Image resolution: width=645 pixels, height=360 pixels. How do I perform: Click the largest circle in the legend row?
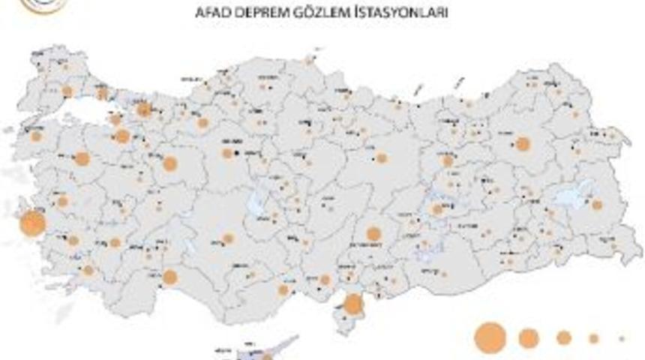[x=490, y=337]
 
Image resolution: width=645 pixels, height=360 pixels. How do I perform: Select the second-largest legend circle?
[x=529, y=338]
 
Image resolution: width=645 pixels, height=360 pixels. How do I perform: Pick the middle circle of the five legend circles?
[x=564, y=338]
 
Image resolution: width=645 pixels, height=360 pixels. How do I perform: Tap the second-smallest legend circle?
[x=594, y=338]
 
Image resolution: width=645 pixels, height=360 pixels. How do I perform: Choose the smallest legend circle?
[x=622, y=338]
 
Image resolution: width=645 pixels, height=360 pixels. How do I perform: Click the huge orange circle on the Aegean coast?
[x=31, y=223]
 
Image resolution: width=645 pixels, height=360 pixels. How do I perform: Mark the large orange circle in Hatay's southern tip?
[x=352, y=304]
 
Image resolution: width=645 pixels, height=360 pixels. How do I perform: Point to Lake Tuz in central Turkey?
[x=259, y=201]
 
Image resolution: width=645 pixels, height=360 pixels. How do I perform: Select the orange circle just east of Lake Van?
[x=597, y=204]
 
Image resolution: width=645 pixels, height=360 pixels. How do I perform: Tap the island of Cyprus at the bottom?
[x=259, y=351]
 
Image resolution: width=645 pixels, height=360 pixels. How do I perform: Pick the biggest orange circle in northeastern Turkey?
[x=523, y=143]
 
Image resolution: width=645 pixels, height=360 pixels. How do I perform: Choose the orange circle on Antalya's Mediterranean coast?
[x=169, y=277]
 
